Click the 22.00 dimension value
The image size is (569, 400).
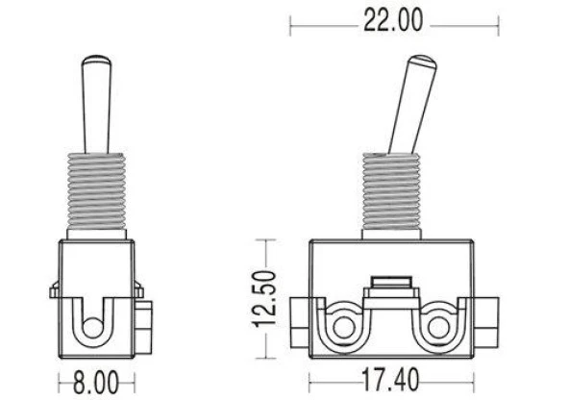click(x=393, y=20)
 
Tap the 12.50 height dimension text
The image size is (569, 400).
click(x=265, y=299)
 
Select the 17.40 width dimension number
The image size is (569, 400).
click(x=390, y=381)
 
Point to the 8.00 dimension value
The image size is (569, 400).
click(x=96, y=383)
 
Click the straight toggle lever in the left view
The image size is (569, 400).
click(x=96, y=105)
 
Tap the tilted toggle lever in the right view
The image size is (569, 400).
click(x=412, y=105)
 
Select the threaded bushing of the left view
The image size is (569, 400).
click(x=96, y=191)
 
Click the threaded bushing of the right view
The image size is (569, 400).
click(x=391, y=191)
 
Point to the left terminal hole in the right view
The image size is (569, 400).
click(x=344, y=328)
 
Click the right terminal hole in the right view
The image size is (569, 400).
click(x=438, y=328)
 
